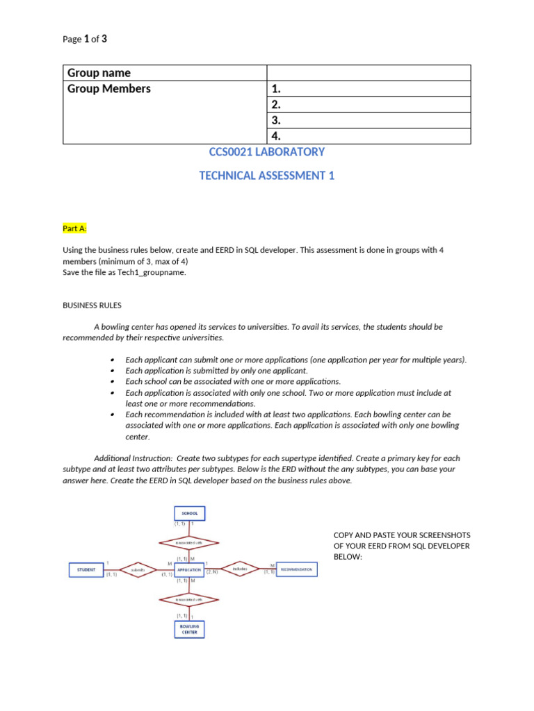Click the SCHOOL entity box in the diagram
pos(189,514)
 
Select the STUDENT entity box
pos(86,569)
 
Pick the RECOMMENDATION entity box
pos(297,569)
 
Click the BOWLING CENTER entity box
pos(189,628)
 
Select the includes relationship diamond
pos(241,569)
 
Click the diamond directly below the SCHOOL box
pos(189,543)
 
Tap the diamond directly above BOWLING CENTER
pos(189,599)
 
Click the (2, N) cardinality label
pos(211,572)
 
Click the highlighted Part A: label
pos(75,228)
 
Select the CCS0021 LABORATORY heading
pos(267,152)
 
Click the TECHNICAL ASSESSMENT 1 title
pos(267,176)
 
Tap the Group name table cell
pos(165,73)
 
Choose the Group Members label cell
pos(165,89)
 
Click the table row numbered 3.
pos(369,120)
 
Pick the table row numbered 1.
pos(369,89)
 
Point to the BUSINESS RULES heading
pos(92,304)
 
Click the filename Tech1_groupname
pos(154,272)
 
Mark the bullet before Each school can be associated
pos(113,382)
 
